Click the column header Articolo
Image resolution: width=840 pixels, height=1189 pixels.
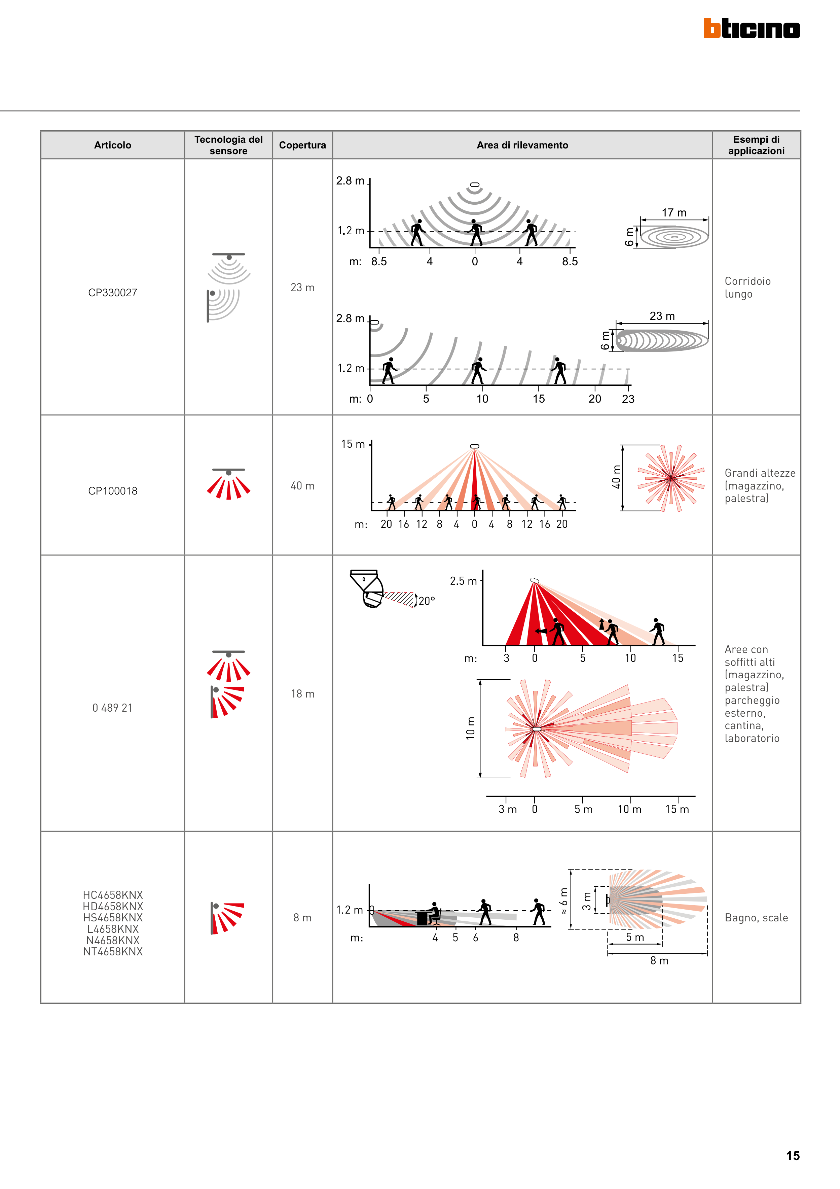coord(112,145)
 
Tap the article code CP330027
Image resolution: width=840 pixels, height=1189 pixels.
coord(112,293)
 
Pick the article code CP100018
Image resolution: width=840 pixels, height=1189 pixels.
coord(112,491)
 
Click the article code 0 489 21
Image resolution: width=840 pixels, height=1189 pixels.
coord(112,708)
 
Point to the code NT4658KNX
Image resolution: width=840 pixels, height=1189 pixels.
coord(113,952)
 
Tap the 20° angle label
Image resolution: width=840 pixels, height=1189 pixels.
coord(427,601)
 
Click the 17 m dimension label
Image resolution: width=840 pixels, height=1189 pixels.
coord(674,213)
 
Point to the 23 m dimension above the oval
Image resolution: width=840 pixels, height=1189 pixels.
coord(662,316)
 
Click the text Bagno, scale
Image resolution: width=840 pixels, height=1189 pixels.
coord(756,918)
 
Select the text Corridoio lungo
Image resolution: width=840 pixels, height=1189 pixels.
coord(747,287)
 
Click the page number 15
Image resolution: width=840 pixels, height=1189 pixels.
coord(792,1156)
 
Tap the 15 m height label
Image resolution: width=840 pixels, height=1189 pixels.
coord(353,444)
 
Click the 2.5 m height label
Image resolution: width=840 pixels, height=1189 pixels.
coord(463,581)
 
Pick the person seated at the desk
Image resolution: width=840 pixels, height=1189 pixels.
coord(434,914)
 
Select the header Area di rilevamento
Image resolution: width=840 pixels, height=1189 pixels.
coord(522,145)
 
